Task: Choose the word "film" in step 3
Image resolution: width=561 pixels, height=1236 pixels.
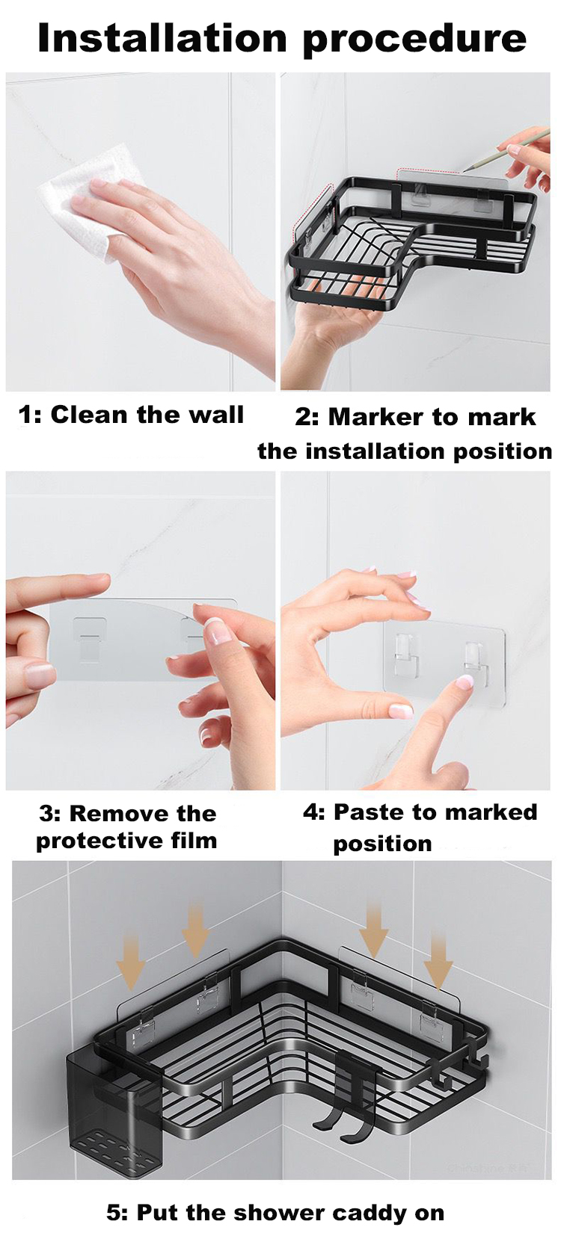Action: click(x=193, y=841)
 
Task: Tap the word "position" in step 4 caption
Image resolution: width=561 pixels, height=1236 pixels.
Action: click(x=382, y=844)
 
